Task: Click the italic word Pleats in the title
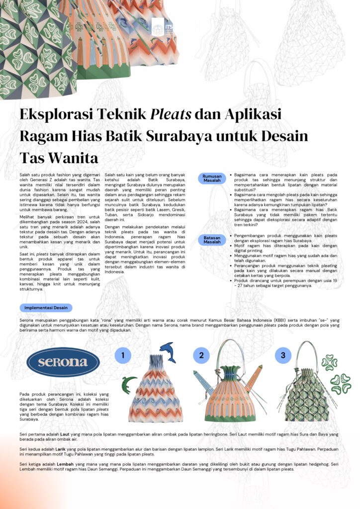click(171, 114)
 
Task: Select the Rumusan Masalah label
click(212, 178)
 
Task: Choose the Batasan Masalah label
click(212, 240)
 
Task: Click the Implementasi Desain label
click(46, 308)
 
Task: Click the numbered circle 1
click(123, 355)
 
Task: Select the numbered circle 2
click(201, 355)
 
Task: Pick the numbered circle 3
click(283, 355)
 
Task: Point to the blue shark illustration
click(168, 351)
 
